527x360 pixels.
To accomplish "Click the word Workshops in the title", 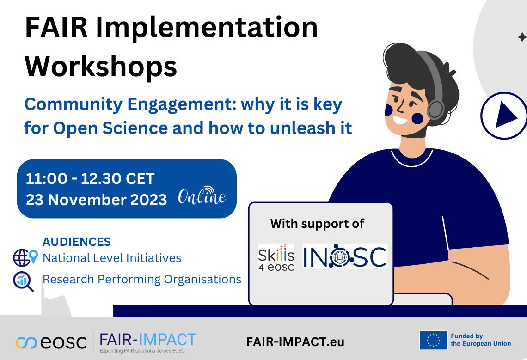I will point(101,66).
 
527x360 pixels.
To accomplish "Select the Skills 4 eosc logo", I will point(276,257).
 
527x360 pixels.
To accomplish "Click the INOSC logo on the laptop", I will point(345,256).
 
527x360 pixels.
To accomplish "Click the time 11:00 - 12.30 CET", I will point(90,178).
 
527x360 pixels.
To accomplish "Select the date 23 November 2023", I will point(96,200).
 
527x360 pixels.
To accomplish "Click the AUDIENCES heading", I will point(77,242).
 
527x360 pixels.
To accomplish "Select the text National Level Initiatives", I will point(112,258).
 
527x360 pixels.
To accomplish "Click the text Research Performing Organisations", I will point(142,279).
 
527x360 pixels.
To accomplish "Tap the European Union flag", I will point(433,340).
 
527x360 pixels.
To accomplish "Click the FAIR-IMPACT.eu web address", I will point(295,342).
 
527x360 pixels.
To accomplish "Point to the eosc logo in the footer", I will point(51,342).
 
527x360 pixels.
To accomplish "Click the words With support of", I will point(317,224).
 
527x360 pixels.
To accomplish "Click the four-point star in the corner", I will point(521,37).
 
